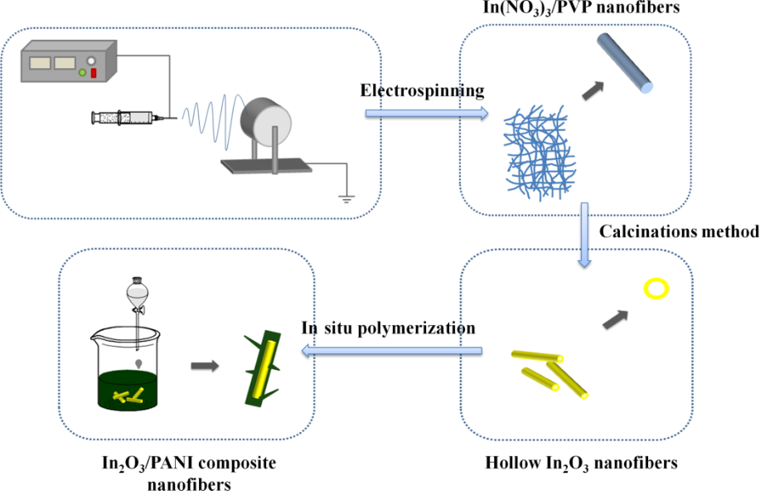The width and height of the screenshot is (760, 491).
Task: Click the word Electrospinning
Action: [x=422, y=90]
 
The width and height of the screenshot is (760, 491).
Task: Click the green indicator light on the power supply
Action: [x=82, y=74]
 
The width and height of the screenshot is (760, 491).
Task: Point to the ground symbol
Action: [x=343, y=197]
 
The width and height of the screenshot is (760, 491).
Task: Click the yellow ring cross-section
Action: [x=657, y=289]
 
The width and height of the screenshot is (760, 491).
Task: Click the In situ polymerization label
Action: [x=388, y=328]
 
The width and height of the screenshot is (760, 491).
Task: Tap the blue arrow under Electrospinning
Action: [x=425, y=112]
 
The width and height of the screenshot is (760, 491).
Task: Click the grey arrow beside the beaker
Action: [x=206, y=365]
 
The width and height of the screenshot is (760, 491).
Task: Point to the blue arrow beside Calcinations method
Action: [x=585, y=234]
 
